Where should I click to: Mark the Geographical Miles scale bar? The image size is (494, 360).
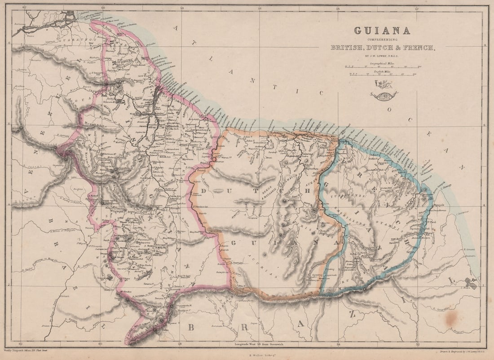tap(382, 68)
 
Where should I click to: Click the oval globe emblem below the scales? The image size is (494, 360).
tap(384, 95)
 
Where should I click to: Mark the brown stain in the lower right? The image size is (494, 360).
tap(451, 318)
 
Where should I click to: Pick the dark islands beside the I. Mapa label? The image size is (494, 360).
tap(471, 283)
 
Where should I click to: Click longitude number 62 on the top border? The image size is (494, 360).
tap(25, 7)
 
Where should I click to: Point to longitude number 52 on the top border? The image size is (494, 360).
tap(417, 7)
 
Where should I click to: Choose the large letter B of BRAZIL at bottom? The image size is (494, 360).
tap(191, 327)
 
